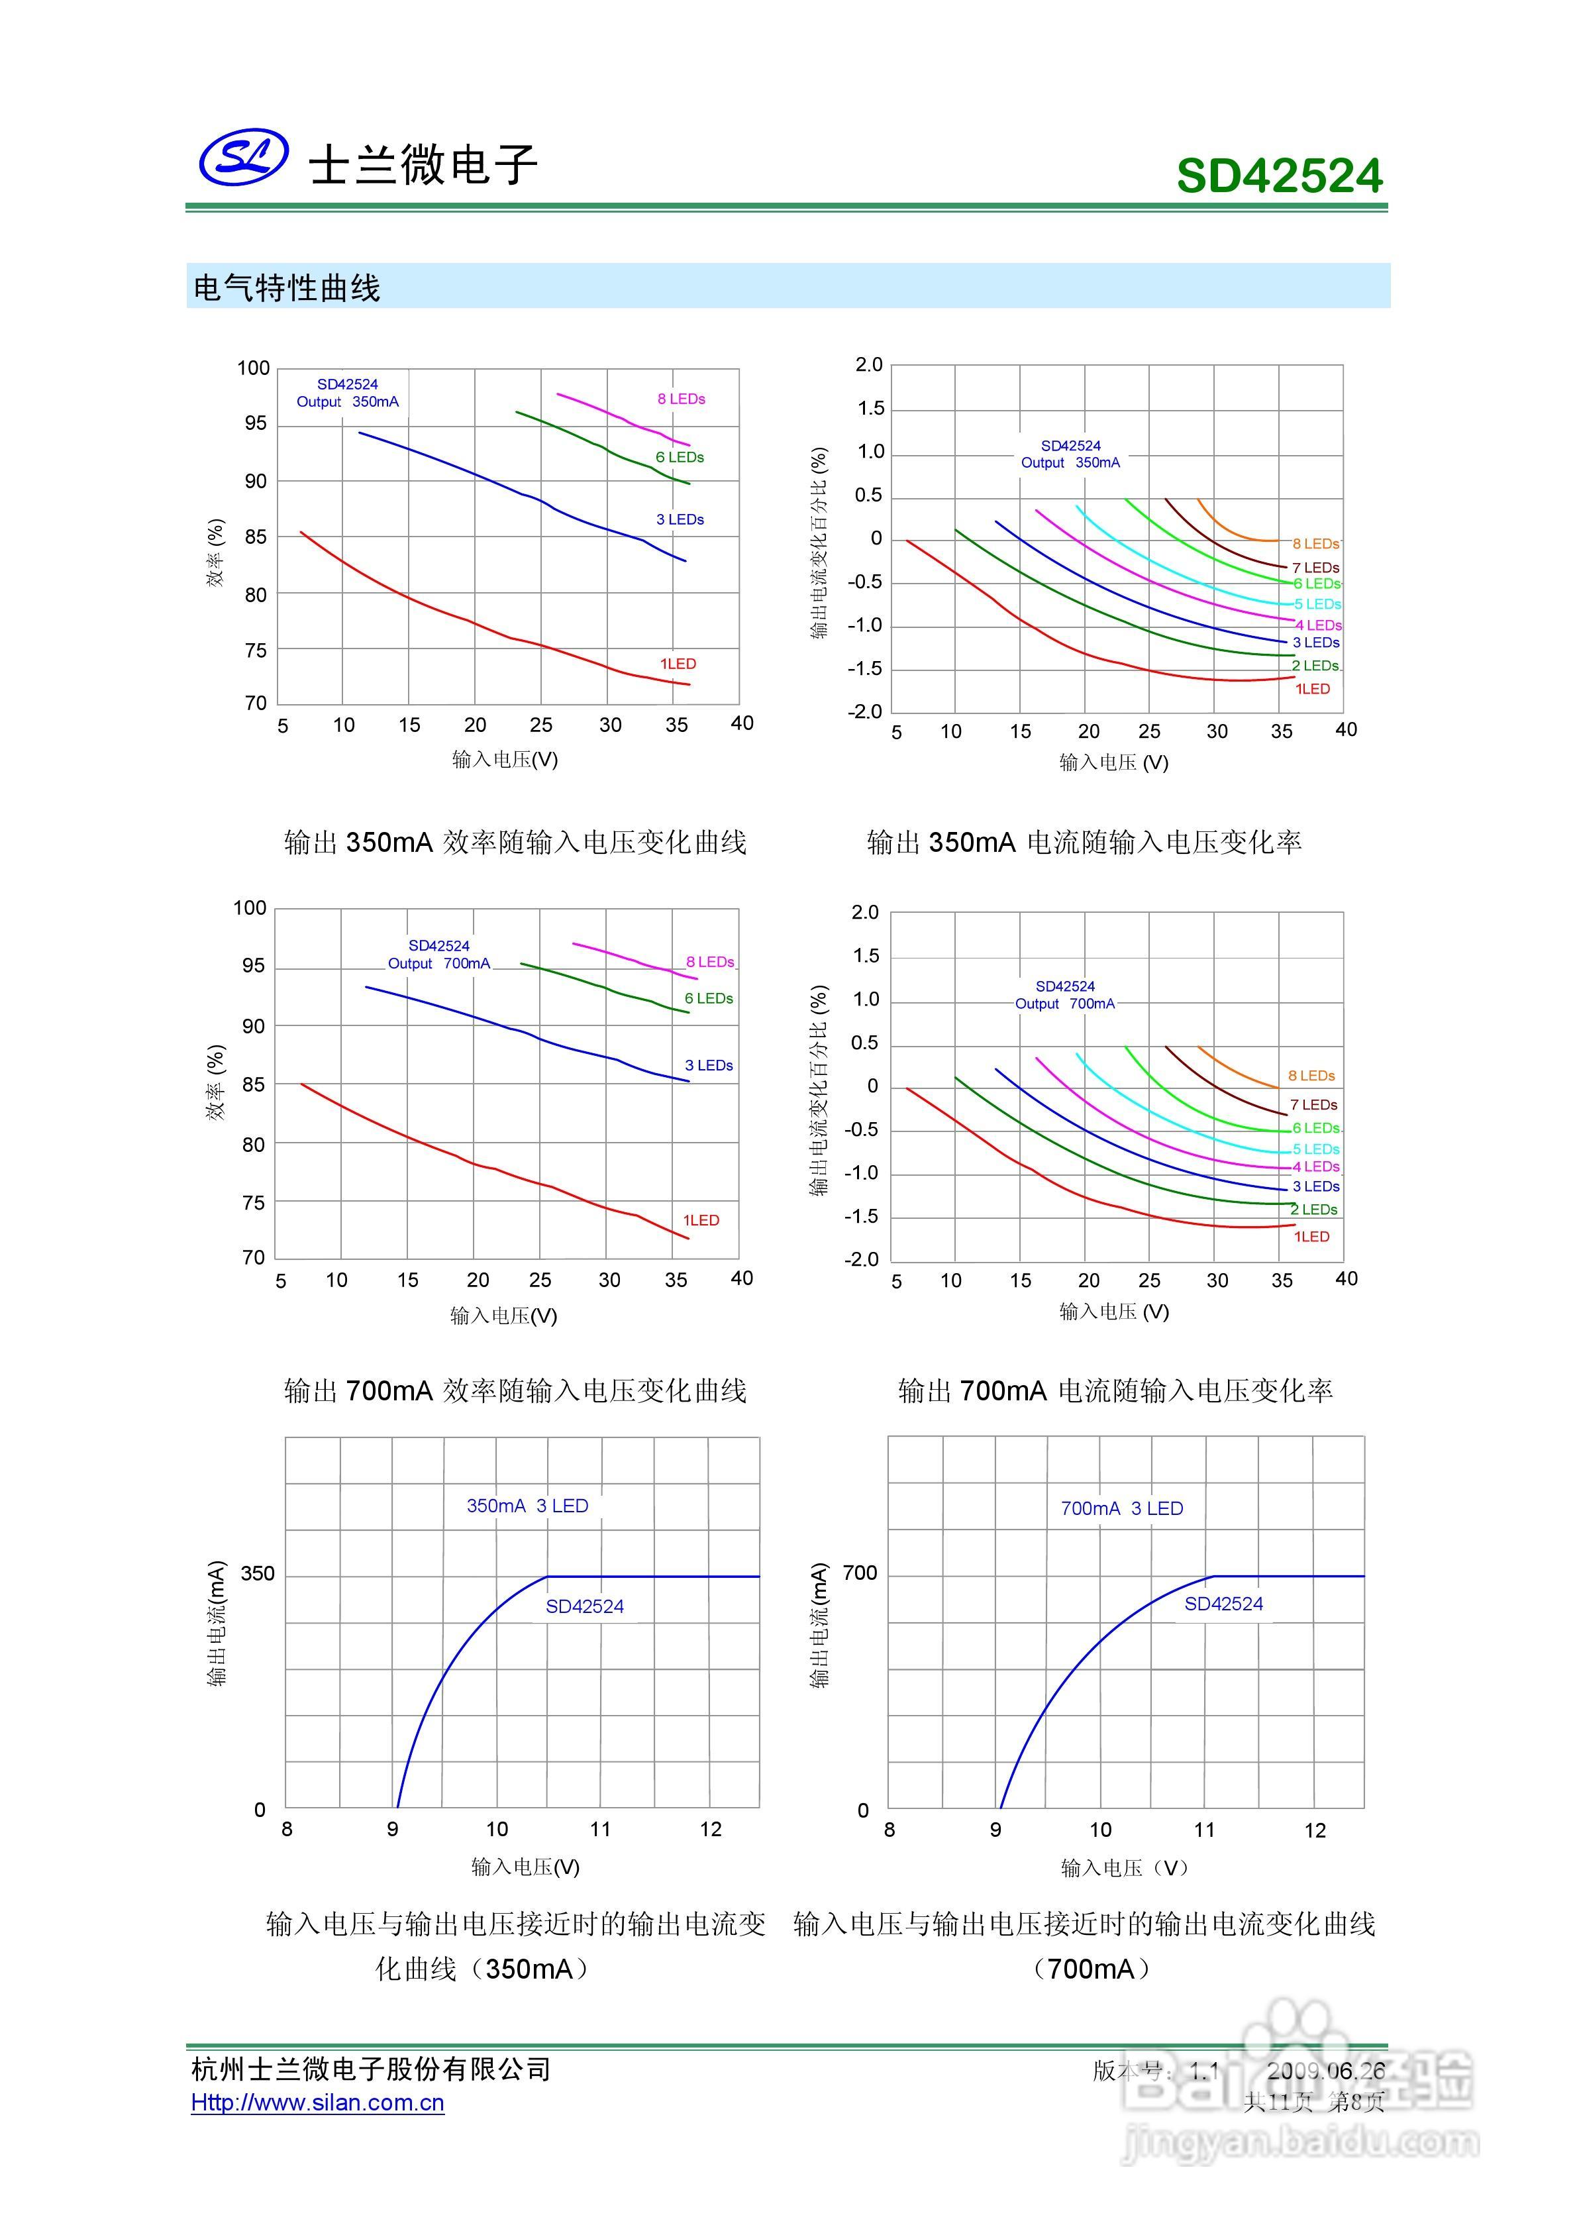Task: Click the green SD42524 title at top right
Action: tap(1279, 176)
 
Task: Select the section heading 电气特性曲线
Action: tap(287, 287)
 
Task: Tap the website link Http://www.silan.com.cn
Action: tap(318, 2102)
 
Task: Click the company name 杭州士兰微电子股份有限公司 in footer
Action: tap(371, 2069)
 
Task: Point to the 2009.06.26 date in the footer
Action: tap(1325, 2071)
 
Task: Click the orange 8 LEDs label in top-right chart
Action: tap(1315, 543)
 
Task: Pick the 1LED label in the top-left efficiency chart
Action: tap(678, 664)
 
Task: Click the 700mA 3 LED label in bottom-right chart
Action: tap(1121, 1508)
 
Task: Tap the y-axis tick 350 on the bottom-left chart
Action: tap(258, 1573)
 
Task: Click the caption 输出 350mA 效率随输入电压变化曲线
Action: tap(515, 843)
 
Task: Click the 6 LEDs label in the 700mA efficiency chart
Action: tap(708, 998)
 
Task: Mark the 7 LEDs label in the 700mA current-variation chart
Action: tap(1313, 1105)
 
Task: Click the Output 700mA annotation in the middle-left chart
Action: tap(439, 963)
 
